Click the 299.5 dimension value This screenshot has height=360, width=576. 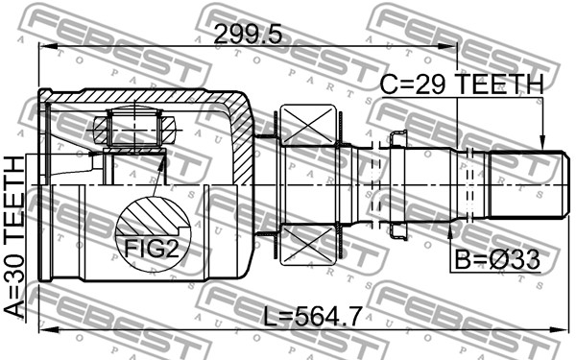pyautogui.click(x=248, y=35)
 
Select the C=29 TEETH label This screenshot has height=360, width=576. pyautogui.click(x=462, y=84)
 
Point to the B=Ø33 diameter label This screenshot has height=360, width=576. pyautogui.click(x=497, y=260)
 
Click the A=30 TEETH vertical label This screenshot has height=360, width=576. pyautogui.click(x=14, y=236)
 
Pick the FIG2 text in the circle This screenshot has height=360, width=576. pyautogui.click(x=151, y=249)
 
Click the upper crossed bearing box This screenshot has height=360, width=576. pyautogui.click(x=308, y=124)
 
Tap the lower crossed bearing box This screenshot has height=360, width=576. pyautogui.click(x=308, y=245)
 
